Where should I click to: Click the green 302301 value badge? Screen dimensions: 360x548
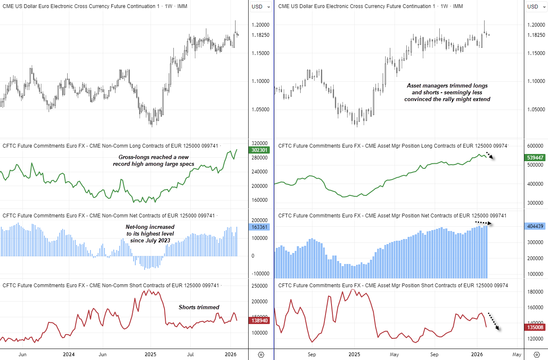pos(259,150)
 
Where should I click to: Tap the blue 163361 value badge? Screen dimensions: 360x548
pos(259,227)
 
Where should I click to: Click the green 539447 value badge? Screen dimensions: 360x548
pos(536,157)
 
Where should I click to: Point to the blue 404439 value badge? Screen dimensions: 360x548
pos(536,226)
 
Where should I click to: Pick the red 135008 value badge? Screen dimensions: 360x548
pos(536,327)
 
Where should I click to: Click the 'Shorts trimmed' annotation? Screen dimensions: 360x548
pos(199,307)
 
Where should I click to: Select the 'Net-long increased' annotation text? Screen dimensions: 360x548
pos(150,234)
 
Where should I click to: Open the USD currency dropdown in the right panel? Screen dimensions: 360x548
pos(536,6)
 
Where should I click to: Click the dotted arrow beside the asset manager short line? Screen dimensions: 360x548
pos(493,322)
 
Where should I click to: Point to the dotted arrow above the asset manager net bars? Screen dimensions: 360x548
pos(483,223)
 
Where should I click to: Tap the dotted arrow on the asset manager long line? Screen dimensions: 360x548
pos(489,155)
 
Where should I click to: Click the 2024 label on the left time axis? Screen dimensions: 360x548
pos(68,354)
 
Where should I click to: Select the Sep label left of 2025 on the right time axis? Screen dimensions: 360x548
pos(312,354)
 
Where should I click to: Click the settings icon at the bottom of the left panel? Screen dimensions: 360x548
pos(261,355)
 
